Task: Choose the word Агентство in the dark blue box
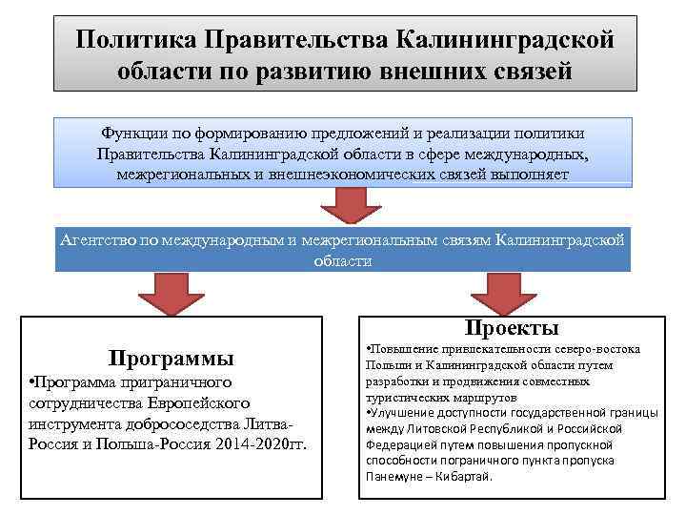click(x=96, y=240)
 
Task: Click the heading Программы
click(x=171, y=359)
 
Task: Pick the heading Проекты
click(x=512, y=328)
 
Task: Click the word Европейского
click(x=197, y=402)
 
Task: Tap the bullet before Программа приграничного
click(x=32, y=382)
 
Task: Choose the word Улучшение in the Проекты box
click(x=396, y=412)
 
